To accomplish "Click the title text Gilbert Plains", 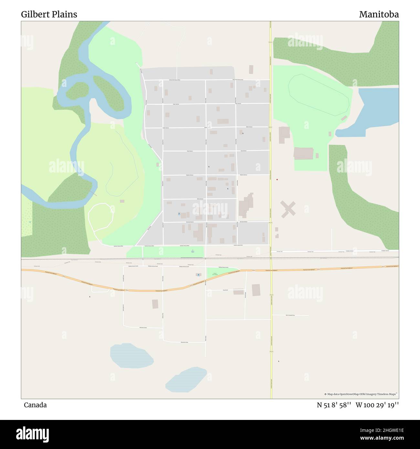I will click(x=49, y=15).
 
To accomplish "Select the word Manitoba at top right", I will click(x=379, y=15).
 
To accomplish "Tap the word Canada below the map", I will click(x=35, y=405).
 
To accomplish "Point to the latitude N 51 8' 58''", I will click(x=334, y=405).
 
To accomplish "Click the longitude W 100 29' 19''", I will click(x=377, y=405).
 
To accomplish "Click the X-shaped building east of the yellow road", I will click(x=288, y=209).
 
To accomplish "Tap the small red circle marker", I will click(x=277, y=180).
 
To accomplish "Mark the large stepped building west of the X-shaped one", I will click(x=246, y=205).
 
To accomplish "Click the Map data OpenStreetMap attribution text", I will click(x=361, y=394).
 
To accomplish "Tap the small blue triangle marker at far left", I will click(x=30, y=222).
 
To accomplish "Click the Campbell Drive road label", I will click(x=290, y=315).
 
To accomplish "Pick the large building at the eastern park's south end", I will click(x=303, y=153).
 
